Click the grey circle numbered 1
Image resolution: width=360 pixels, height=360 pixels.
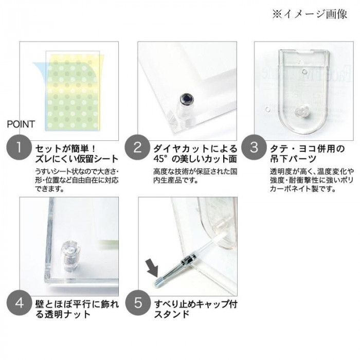(19, 148)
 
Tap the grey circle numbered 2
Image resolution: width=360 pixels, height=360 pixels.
(137, 148)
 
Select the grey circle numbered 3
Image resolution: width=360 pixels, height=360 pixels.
(254, 148)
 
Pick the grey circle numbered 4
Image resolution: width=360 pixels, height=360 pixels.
(19, 303)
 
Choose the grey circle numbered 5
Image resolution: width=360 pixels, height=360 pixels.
(138, 303)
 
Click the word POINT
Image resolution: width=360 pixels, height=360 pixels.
(21, 124)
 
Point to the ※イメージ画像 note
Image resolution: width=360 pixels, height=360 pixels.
(310, 14)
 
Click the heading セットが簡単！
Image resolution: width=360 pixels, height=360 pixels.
(65, 149)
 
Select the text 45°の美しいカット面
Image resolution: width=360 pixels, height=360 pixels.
(195, 159)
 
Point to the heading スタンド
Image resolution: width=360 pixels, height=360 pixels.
(172, 314)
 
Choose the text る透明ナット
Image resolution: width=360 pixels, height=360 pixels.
(63, 314)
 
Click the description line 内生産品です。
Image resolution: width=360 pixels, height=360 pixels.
(176, 180)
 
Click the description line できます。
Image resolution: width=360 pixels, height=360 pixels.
(49, 189)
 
